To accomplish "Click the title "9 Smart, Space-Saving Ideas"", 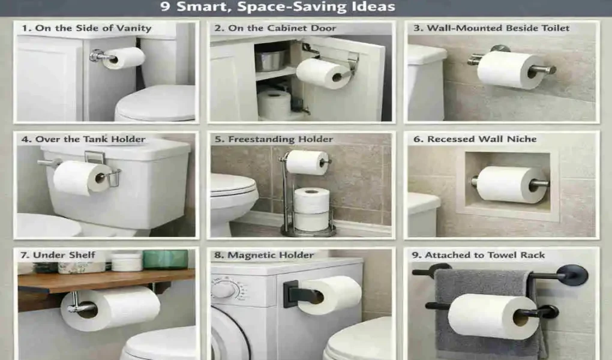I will (278, 7).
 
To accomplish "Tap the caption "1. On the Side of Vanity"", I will (86, 28).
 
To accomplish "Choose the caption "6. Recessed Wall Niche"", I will (474, 139).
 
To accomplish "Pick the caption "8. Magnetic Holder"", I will (264, 255).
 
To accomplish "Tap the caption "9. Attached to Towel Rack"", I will (478, 255).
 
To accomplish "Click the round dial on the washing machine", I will (224, 289).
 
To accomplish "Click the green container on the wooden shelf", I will (165, 259).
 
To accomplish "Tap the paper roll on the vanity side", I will (124, 58).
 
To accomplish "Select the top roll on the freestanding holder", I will (307, 162).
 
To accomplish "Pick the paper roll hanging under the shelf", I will (111, 308).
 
